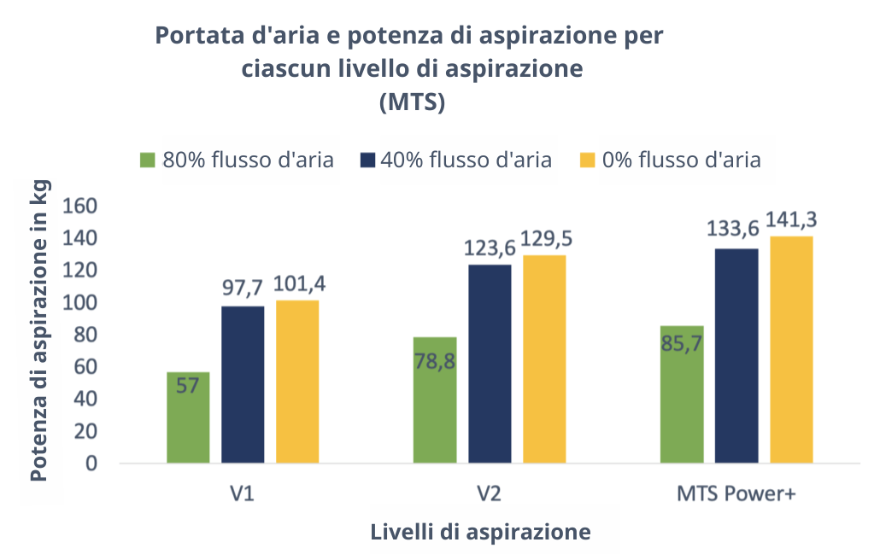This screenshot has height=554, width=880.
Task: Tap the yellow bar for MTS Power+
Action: (791, 350)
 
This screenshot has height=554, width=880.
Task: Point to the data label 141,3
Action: (791, 220)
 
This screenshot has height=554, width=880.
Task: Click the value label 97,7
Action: (243, 288)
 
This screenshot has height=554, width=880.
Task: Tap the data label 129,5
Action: (544, 238)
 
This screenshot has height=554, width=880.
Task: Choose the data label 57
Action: (188, 386)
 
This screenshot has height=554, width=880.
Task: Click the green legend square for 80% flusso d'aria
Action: (148, 160)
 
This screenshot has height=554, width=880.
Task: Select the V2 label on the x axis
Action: (490, 495)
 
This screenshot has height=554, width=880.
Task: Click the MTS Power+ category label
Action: (736, 495)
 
